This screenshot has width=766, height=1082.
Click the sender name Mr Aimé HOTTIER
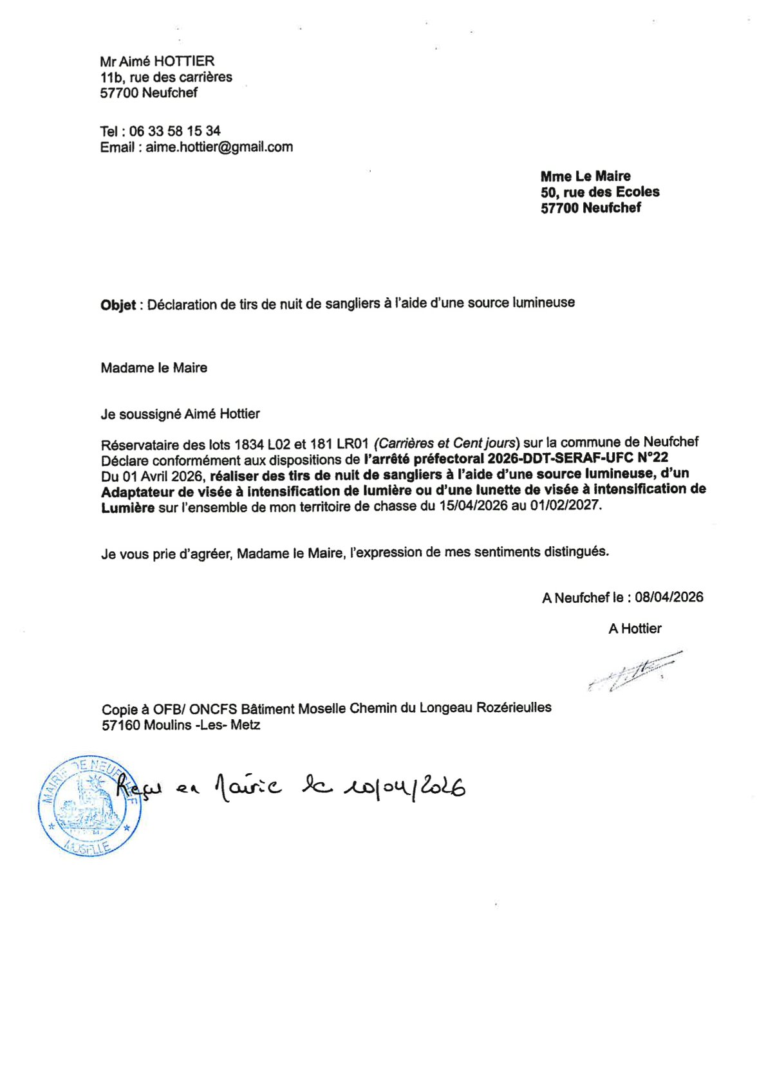[157, 62]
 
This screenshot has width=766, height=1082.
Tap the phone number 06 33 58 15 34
[174, 131]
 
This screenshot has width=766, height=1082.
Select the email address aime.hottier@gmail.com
[219, 147]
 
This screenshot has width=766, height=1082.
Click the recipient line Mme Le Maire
[585, 176]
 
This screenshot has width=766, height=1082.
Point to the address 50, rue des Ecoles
[600, 192]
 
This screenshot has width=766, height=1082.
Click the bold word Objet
[118, 305]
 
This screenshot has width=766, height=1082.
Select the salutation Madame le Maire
[154, 368]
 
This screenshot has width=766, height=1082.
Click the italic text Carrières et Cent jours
[446, 443]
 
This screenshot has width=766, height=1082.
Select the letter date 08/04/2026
[669, 597]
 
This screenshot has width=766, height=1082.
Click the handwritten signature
[634, 672]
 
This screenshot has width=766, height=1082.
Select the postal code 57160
[121, 726]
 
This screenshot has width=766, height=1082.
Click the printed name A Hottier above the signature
[635, 628]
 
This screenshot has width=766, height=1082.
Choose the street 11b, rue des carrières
[166, 77]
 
